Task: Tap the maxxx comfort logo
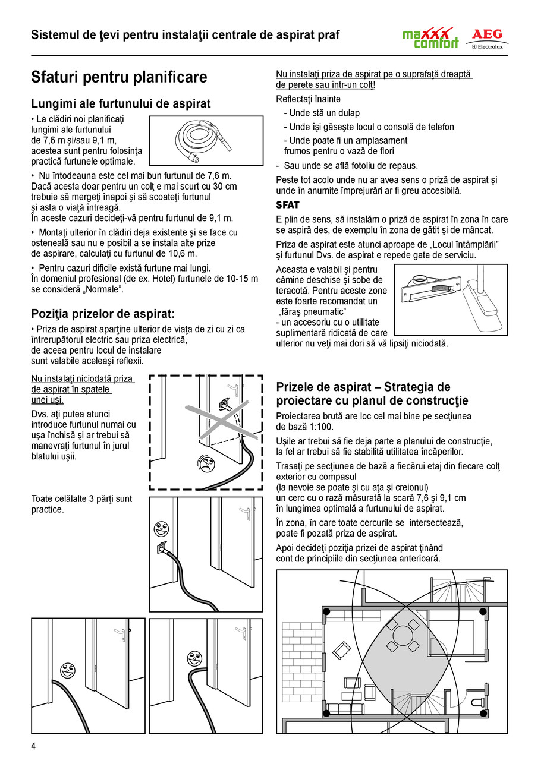[430, 38]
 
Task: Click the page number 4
[34, 746]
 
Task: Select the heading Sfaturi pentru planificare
[119, 77]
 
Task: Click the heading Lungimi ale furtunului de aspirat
[121, 103]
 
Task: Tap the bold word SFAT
[288, 205]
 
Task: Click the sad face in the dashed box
[202, 463]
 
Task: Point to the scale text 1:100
[320, 427]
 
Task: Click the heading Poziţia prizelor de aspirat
[103, 314]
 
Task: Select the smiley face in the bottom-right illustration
[194, 658]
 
